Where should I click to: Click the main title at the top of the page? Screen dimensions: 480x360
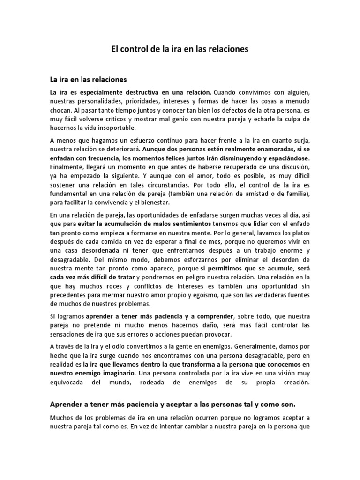coord(180,48)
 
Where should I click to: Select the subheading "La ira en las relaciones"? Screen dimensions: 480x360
coord(89,78)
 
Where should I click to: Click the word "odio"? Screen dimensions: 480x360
coord(124,347)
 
